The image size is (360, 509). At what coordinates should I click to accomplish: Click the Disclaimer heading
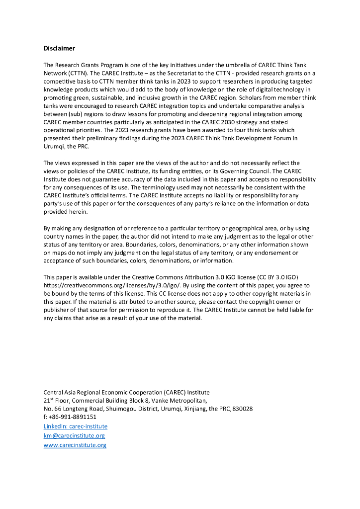point(59,48)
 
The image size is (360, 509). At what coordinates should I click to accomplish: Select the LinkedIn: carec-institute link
point(75,426)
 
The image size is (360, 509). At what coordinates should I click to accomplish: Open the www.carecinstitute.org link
point(75,445)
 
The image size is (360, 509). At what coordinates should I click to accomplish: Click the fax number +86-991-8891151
point(73,417)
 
